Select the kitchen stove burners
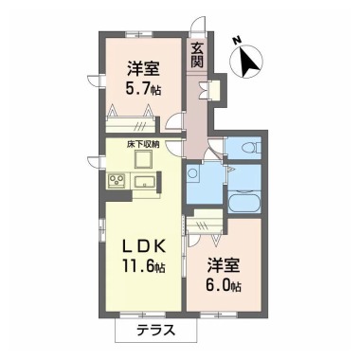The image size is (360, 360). (117, 180)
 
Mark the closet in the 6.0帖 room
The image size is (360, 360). (205, 225)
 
